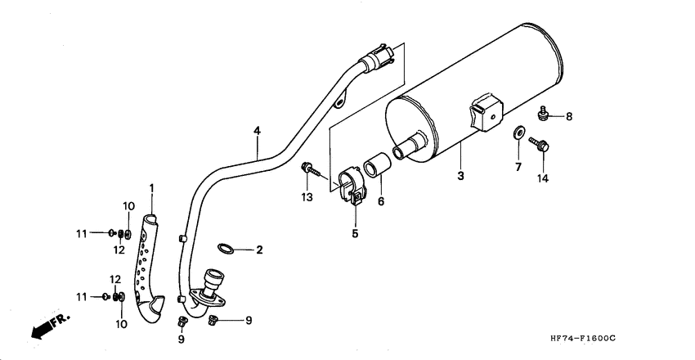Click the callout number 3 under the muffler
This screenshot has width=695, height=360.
460,176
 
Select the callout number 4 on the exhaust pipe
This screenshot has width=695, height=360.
257,131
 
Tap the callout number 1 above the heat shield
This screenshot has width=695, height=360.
151,189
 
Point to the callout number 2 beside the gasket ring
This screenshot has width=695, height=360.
259,250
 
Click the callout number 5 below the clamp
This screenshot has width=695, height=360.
355,232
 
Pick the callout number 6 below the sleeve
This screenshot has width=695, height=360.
380,200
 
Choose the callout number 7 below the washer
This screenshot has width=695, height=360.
517,167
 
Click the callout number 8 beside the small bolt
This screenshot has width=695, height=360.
568,116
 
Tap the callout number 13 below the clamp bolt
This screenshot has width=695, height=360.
307,197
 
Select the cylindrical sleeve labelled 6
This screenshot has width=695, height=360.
378,166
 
